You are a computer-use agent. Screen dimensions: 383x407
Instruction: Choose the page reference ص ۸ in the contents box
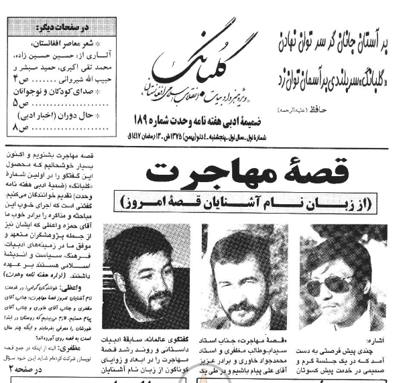click(21, 125)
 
